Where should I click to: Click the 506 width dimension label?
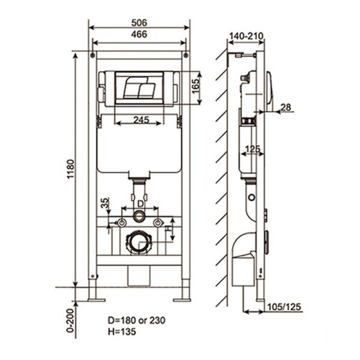pyautogui.click(x=139, y=22)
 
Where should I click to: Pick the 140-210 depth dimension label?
pyautogui.click(x=246, y=37)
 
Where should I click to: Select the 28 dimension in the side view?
pyautogui.click(x=286, y=107)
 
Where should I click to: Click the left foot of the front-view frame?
pyautogui.click(x=95, y=298)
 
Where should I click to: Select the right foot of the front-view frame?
pyautogui.click(x=182, y=298)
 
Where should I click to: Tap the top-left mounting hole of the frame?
pyautogui.click(x=92, y=56)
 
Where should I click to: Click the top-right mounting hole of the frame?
pyautogui.click(x=186, y=56)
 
